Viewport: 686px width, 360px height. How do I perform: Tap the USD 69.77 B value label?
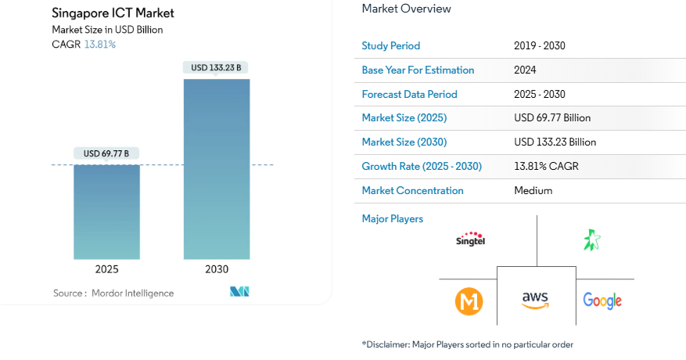pos(106,153)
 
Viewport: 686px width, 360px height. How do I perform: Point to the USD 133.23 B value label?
pos(217,67)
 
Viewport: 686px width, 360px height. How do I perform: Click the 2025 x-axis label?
pos(106,269)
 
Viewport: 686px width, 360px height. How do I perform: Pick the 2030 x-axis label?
pos(217,269)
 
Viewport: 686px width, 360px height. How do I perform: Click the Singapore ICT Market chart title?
pos(113,13)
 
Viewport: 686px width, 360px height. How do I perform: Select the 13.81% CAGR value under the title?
pos(99,45)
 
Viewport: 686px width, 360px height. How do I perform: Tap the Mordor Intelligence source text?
pos(113,293)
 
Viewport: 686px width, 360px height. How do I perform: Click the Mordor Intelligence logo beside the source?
pos(239,292)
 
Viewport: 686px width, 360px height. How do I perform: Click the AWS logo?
pos(536,301)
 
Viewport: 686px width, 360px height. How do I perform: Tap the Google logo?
pos(602,301)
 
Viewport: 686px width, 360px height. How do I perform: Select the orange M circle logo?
pos(469,301)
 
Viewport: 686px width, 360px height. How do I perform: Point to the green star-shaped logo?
pos(591,239)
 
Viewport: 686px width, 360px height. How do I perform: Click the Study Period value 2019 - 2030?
pos(539,45)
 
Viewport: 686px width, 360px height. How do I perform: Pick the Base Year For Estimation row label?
pos(418,70)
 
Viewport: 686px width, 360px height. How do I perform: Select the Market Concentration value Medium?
pos(533,190)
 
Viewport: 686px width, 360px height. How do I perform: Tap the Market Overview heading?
pos(406,9)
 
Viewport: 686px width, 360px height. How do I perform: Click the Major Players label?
pos(392,218)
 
